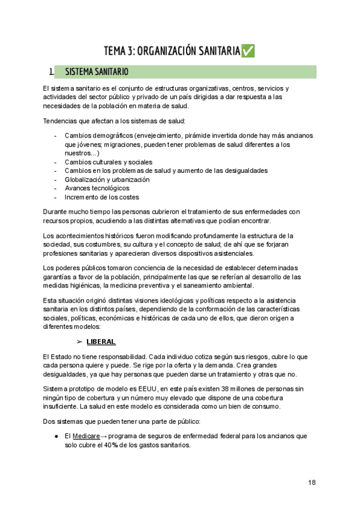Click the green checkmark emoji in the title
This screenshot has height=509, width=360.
247,51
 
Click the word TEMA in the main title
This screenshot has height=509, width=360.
115,51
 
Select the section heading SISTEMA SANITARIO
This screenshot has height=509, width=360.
97,73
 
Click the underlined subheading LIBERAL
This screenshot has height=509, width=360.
101,342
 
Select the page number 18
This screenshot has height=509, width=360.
312,483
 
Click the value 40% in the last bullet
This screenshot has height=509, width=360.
126,445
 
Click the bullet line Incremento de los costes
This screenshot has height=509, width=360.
102,197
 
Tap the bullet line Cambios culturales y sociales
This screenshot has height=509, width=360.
109,161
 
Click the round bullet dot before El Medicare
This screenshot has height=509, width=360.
55,435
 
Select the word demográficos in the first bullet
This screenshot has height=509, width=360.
112,136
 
